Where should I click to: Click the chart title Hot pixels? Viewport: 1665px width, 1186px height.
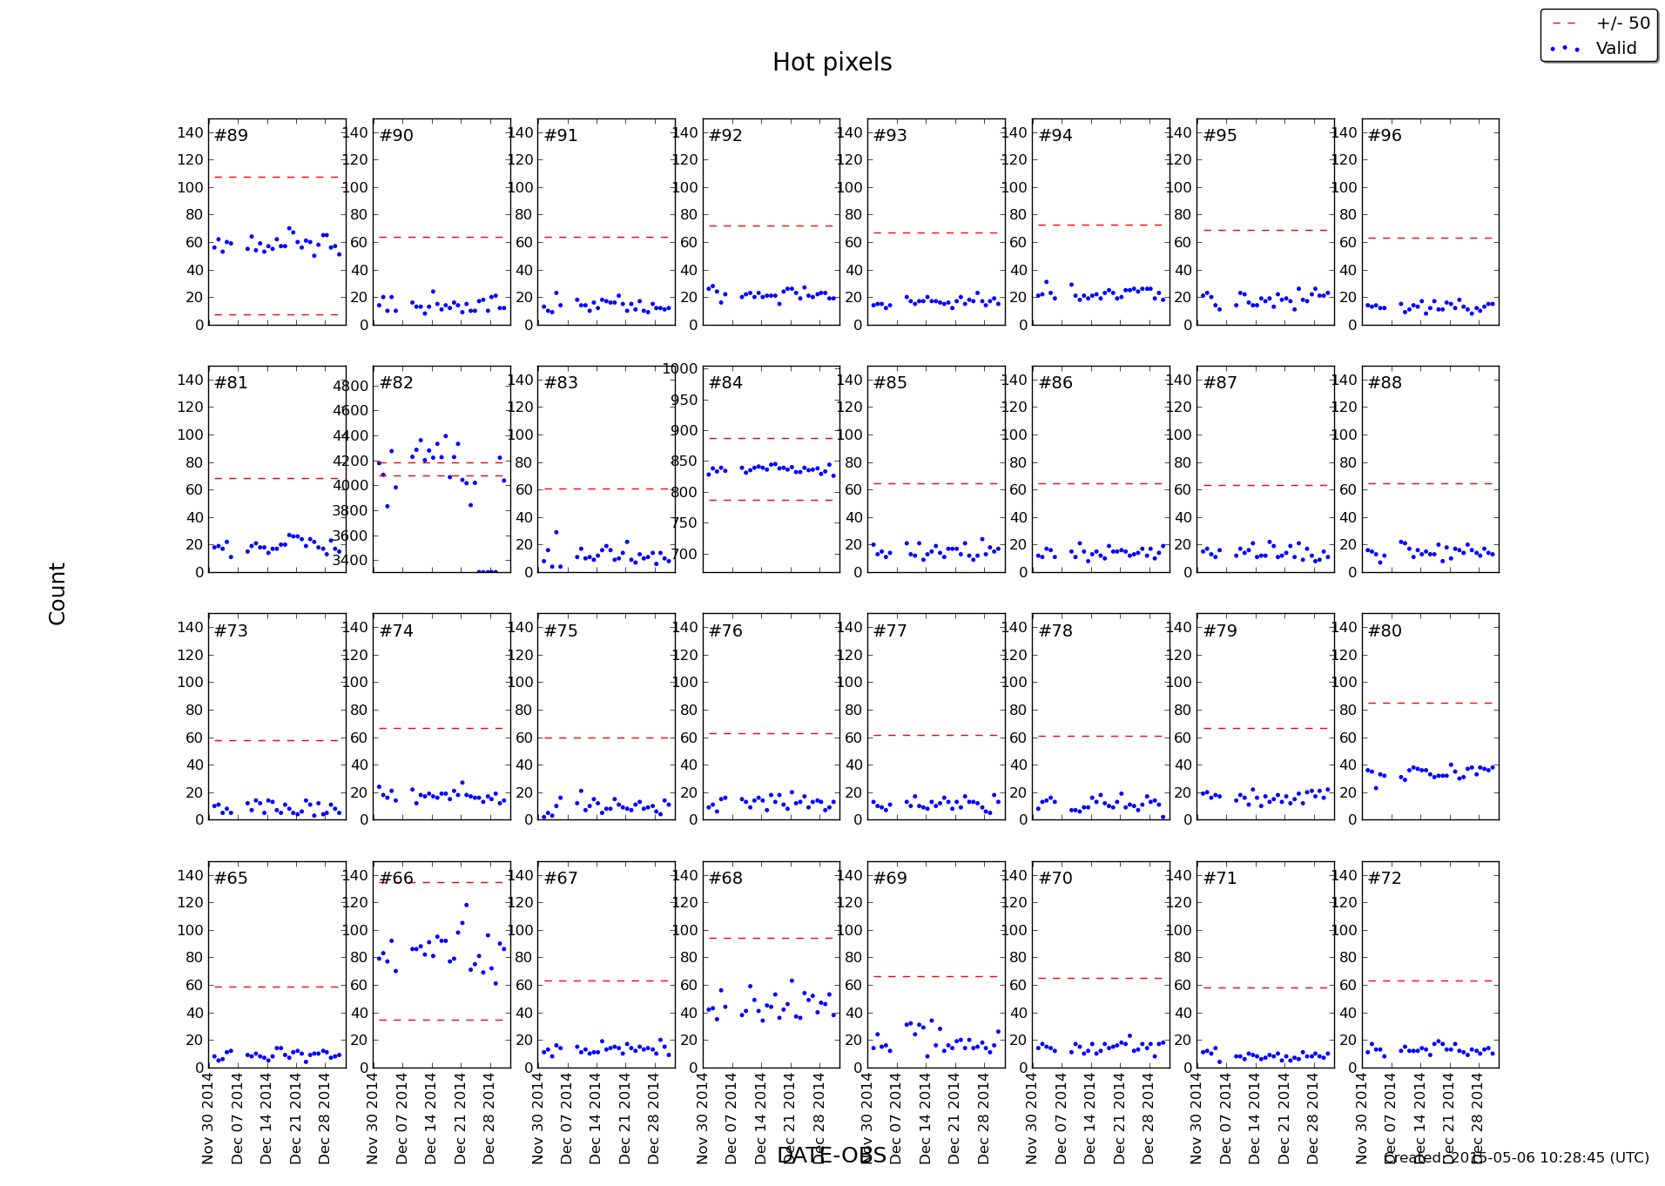coord(832,63)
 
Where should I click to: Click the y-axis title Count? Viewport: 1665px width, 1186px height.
coord(57,593)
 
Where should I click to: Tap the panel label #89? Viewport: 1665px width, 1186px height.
coord(231,136)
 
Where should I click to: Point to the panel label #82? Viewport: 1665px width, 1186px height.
coord(396,383)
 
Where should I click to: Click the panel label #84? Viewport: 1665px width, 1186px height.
coord(725,383)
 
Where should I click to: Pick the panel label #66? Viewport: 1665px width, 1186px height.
coord(396,879)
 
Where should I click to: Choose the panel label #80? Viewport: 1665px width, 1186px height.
coord(1385,631)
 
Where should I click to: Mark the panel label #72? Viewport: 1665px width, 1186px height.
coord(1385,879)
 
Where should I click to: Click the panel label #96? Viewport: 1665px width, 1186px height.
coord(1385,136)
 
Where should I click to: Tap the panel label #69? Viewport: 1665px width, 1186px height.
coord(890,879)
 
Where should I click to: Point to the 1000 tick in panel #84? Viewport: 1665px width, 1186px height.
coord(680,368)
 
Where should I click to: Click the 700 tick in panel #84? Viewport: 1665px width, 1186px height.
coord(684,554)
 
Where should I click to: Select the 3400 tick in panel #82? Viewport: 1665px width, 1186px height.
coord(351,560)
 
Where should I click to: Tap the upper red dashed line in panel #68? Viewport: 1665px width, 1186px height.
coord(771,938)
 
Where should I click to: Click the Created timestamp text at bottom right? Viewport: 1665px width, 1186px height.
coord(1516,1158)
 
